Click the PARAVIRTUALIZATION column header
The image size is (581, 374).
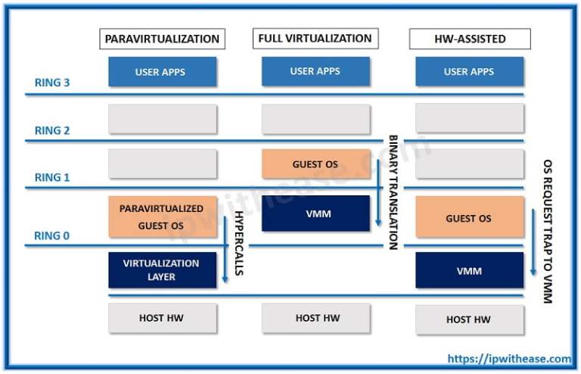(162, 39)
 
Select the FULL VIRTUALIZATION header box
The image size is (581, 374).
(315, 38)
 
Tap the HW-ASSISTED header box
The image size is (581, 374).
(469, 39)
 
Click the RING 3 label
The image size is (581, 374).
(52, 83)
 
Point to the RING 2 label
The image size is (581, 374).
(52, 130)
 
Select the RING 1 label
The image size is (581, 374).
(52, 177)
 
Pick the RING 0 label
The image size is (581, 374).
(52, 235)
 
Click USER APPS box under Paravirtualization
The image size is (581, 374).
(162, 72)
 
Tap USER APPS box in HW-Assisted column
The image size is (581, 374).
(469, 72)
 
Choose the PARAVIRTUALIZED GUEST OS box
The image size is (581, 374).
(162, 217)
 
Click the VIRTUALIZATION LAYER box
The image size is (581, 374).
(162, 270)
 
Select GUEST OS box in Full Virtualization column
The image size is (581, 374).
(315, 164)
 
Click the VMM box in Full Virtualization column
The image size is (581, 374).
(315, 213)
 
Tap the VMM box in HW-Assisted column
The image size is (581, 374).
(469, 270)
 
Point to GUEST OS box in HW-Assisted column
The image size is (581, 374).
(469, 218)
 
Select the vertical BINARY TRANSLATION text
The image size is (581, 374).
(393, 192)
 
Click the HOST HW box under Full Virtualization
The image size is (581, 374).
(316, 318)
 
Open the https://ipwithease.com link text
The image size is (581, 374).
(509, 359)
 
